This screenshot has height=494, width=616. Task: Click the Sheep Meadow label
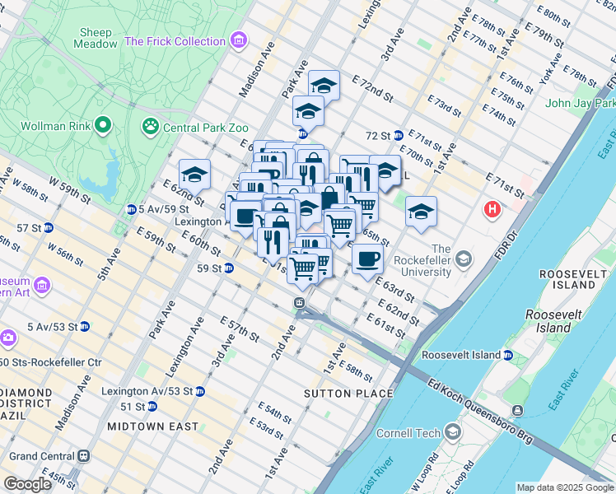[x=95, y=38]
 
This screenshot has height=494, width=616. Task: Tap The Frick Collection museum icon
[x=239, y=40]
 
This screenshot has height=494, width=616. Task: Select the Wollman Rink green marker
[x=103, y=126]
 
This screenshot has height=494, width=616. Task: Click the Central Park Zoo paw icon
[x=151, y=127]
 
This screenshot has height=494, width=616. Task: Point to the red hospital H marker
[x=493, y=210]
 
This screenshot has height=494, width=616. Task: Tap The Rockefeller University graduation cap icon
[x=464, y=260]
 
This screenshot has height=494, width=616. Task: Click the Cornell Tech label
[x=408, y=432]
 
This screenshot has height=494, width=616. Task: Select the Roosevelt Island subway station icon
[x=508, y=355]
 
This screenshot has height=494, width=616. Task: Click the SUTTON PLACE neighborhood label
[x=349, y=394]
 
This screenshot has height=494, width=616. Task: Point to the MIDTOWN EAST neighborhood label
[x=152, y=426]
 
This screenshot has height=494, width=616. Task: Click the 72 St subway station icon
[x=398, y=135]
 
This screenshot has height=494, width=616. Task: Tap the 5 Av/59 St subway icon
[x=131, y=209]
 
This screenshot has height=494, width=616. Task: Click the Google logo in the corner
[x=27, y=484]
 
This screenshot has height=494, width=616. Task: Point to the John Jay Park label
[x=580, y=103]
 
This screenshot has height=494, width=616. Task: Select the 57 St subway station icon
[x=48, y=227]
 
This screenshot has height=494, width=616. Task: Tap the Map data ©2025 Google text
[x=564, y=487]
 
